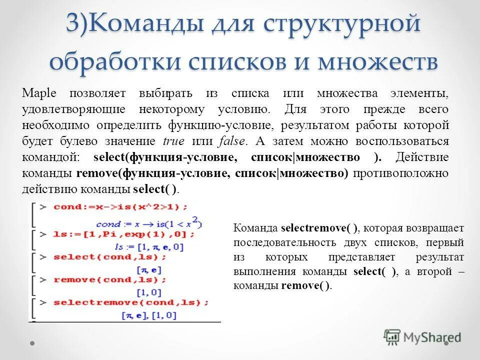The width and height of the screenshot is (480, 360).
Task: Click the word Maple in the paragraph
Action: coord(39,93)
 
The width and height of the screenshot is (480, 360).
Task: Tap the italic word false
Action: coord(231,141)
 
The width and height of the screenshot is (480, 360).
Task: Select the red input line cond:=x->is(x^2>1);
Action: coord(120,207)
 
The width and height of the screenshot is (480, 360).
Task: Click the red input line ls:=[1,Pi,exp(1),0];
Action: coord(124,234)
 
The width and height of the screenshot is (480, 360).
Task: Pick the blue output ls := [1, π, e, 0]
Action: coord(149,247)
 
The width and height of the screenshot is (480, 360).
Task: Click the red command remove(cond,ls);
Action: coord(110,280)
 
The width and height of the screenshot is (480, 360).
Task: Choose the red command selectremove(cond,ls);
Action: coord(131,303)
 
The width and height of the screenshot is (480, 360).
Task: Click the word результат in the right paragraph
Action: coord(439,257)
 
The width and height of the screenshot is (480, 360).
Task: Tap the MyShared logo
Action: coord(422,337)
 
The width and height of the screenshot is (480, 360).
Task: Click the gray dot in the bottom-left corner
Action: coord(32,343)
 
